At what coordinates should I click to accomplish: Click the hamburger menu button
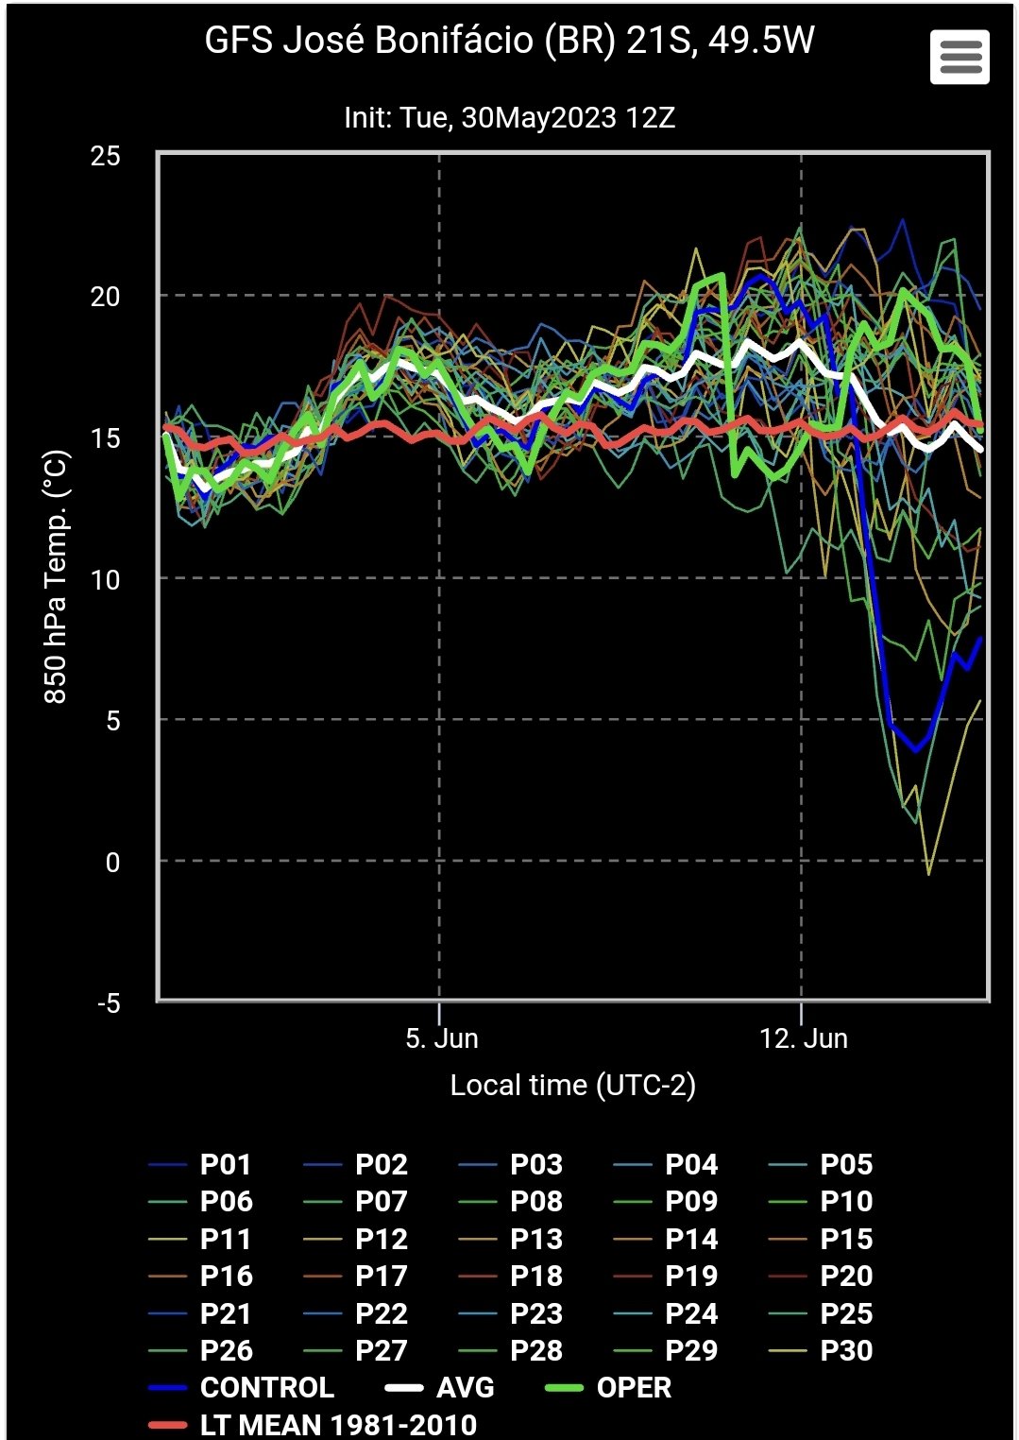point(960,57)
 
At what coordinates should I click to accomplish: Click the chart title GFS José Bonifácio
point(509,41)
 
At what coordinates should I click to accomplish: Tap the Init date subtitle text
point(509,118)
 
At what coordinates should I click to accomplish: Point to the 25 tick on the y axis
point(106,156)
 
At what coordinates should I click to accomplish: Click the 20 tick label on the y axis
point(106,297)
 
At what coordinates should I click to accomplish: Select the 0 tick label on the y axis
point(112,862)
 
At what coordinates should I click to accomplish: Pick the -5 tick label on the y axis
point(109,1003)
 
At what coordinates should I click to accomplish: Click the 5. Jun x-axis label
point(442,1038)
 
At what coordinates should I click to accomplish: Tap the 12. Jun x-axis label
point(804,1038)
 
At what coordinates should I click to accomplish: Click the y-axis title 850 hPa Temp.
point(56,577)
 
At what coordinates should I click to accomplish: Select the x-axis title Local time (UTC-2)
point(572,1085)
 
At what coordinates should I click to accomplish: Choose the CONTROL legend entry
point(266,1387)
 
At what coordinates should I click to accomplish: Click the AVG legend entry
point(465,1387)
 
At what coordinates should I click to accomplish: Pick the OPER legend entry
point(634,1387)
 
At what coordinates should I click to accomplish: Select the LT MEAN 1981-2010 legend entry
point(338,1425)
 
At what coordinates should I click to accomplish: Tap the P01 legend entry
point(225,1164)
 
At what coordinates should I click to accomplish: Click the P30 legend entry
point(846,1350)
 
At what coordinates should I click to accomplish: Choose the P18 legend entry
point(536,1276)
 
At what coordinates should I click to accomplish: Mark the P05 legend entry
point(846,1164)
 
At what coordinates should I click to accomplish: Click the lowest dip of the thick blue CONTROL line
point(915,750)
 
